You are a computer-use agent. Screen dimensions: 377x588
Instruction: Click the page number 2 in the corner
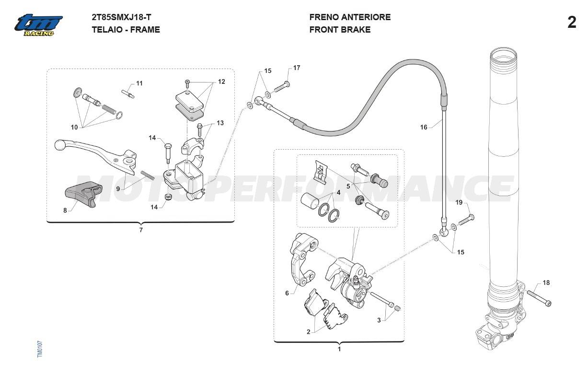click(571, 23)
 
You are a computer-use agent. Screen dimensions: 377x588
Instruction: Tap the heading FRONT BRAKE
click(340, 30)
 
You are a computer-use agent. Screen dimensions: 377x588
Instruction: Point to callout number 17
click(297, 68)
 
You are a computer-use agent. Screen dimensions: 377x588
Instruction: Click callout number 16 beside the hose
click(424, 127)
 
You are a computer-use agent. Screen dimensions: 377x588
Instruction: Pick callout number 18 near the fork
click(546, 283)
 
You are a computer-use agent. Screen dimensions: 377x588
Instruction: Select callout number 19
click(459, 202)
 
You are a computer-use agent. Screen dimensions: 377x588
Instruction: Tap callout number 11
click(139, 83)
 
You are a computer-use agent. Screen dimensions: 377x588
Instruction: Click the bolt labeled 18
click(539, 297)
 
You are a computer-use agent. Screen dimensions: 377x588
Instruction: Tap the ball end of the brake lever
click(59, 143)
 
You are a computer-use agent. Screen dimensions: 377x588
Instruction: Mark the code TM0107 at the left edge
click(40, 348)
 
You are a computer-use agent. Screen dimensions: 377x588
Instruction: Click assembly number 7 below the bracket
click(141, 230)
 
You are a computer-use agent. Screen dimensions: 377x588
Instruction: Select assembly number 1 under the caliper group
click(339, 349)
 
